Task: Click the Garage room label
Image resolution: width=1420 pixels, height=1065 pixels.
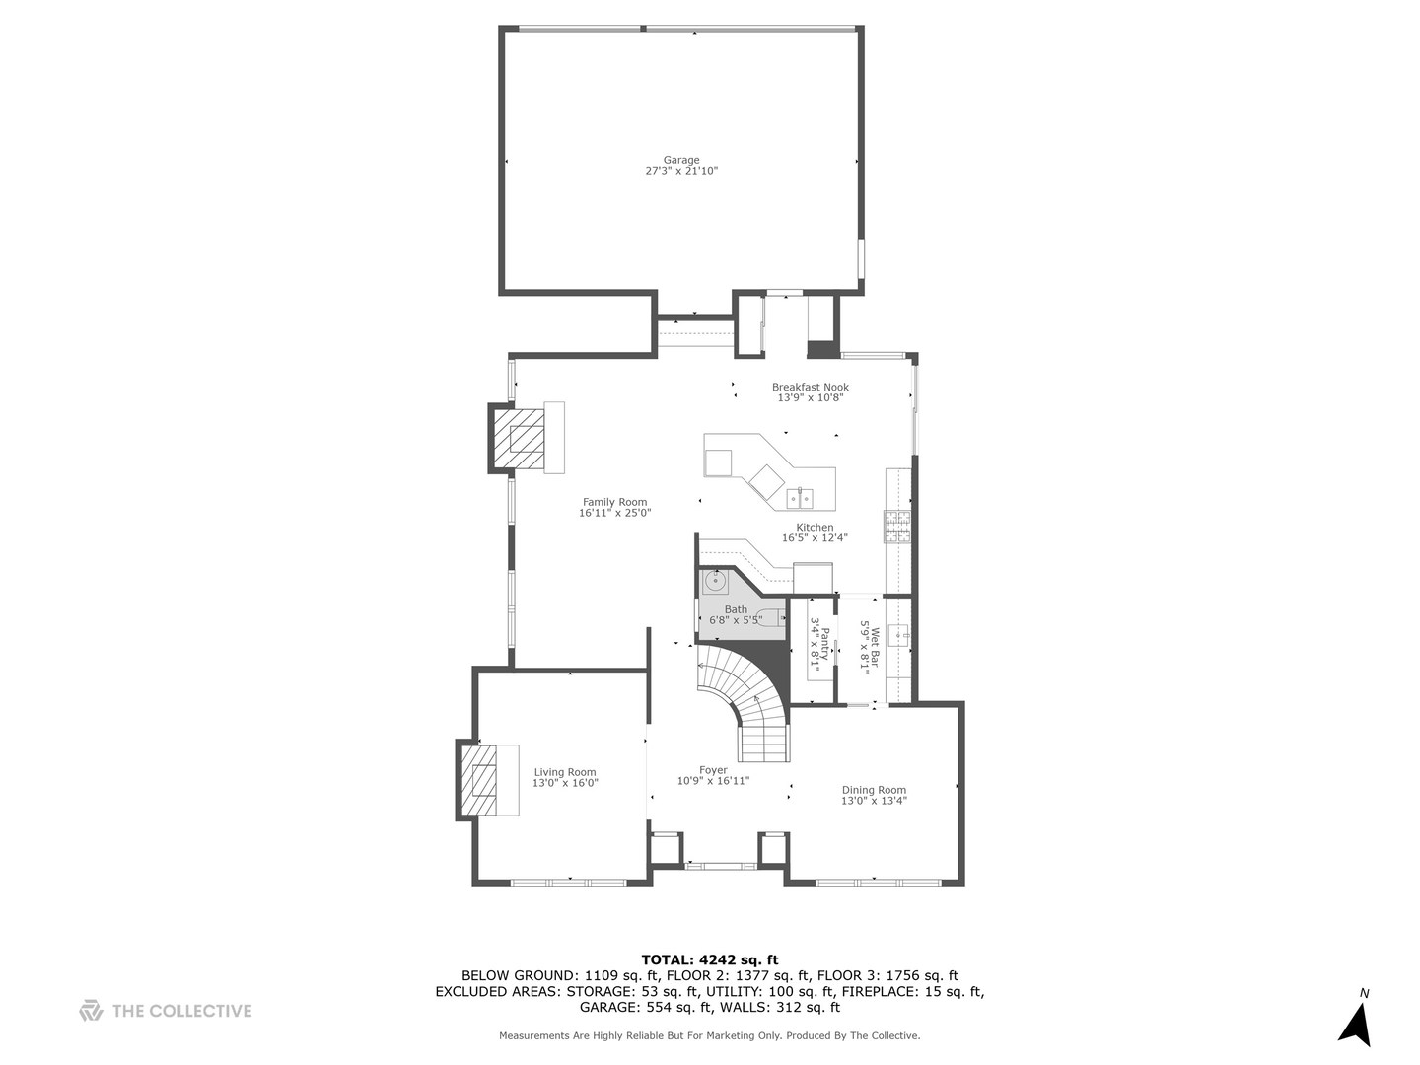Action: (681, 160)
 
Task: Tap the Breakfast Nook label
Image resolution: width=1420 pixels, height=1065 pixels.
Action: (810, 387)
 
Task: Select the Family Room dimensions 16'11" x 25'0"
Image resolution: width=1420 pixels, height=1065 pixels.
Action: (614, 513)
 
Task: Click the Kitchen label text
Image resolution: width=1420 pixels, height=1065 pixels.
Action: (815, 527)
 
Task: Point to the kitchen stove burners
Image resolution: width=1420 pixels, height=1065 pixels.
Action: (897, 527)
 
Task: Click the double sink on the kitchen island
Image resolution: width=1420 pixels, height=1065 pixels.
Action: (801, 499)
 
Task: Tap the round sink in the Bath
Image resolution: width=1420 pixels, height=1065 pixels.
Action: (716, 581)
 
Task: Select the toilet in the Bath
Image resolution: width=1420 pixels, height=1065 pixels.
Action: (771, 618)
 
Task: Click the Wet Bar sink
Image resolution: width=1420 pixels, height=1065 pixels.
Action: (899, 636)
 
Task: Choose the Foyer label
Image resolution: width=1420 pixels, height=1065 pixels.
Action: (713, 770)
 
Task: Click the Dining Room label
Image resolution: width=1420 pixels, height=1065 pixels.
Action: (874, 790)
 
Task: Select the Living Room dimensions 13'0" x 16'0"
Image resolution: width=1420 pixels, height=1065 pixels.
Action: (565, 783)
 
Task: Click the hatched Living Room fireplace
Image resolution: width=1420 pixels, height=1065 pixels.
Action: (479, 779)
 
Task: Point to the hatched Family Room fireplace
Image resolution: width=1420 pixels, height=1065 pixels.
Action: (519, 437)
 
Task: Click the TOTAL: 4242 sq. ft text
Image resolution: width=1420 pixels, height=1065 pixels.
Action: (710, 959)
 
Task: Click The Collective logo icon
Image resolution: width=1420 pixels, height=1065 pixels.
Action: (91, 1010)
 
